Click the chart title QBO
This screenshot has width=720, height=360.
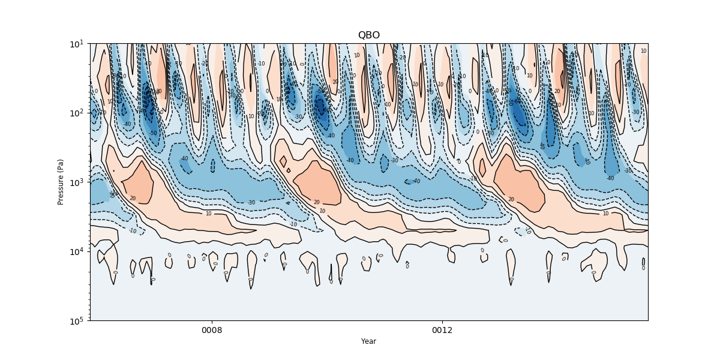pos(368,35)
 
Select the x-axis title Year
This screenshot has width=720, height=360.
pos(368,341)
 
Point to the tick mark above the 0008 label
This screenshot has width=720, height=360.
pos(212,322)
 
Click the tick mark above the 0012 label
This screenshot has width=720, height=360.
pos(442,322)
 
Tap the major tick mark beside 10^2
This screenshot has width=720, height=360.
pos(88,113)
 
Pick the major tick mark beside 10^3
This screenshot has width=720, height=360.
pos(88,182)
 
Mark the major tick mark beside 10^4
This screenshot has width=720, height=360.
pos(88,251)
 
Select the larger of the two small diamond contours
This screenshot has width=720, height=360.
pos(283,161)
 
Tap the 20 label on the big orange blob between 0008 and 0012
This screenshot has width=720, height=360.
pos(316,203)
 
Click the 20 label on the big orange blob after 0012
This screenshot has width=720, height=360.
pos(511,200)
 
